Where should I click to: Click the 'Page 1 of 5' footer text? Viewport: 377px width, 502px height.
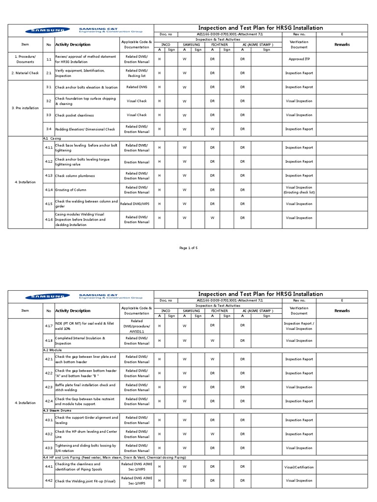[188, 248]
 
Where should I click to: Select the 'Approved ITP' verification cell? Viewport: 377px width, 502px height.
[299, 59]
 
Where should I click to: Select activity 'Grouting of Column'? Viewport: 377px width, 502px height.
[71, 190]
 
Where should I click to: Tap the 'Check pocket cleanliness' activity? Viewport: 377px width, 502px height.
[74, 115]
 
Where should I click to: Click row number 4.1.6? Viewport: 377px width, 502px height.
[49, 218]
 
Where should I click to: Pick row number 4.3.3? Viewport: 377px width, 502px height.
[49, 448]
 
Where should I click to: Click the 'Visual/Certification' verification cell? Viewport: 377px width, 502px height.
[299, 467]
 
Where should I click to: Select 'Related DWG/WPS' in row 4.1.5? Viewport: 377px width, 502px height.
[136, 204]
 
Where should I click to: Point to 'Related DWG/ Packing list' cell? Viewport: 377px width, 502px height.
[136, 74]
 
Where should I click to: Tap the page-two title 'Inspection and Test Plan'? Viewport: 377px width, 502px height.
[260, 294]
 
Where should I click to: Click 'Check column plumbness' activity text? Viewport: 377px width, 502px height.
[75, 176]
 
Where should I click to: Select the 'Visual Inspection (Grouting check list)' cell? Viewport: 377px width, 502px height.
[299, 190]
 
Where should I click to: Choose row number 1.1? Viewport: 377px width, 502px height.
[49, 59]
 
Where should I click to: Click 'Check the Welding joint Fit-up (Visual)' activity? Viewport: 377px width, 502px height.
[85, 481]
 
